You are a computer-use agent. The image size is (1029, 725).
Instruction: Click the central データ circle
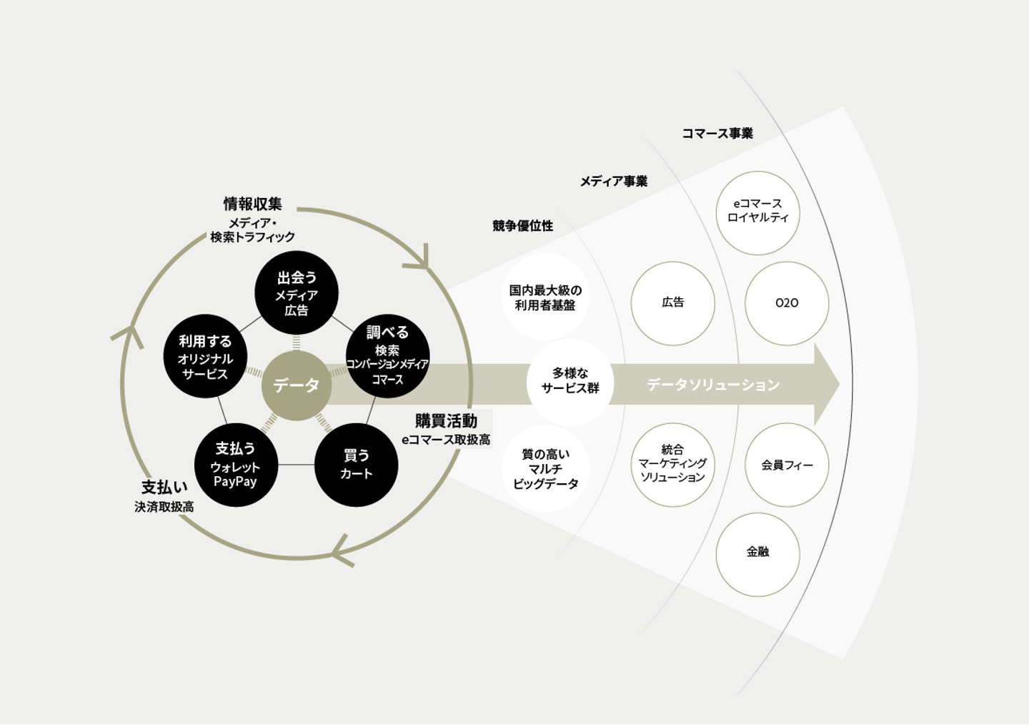(x=296, y=385)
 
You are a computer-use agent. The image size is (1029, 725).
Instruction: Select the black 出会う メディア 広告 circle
(x=296, y=292)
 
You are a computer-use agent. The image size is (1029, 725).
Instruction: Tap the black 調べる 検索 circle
(x=387, y=356)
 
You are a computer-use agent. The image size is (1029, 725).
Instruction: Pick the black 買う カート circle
(x=356, y=465)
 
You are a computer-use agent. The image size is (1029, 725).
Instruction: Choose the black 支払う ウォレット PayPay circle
(x=236, y=465)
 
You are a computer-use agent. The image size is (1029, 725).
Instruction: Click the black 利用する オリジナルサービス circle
(x=205, y=356)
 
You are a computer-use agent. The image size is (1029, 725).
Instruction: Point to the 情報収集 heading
(x=252, y=204)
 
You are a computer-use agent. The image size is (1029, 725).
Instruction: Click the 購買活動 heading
(x=446, y=421)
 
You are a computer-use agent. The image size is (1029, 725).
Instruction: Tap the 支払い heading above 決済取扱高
(x=164, y=487)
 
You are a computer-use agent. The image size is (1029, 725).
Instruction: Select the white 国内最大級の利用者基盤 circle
(x=545, y=297)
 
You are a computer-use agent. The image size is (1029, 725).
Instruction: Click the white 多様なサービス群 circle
(x=570, y=381)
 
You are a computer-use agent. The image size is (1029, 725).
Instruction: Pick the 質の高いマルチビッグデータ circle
(x=545, y=468)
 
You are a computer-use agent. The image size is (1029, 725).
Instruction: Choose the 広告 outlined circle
(x=672, y=303)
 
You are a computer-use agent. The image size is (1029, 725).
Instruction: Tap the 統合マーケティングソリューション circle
(x=672, y=464)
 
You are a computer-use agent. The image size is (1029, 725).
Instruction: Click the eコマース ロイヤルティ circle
(x=757, y=212)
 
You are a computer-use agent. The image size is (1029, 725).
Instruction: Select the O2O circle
(x=787, y=303)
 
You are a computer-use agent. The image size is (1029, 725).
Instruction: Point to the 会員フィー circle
(x=787, y=465)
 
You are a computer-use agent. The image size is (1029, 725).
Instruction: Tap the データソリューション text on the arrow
(x=713, y=385)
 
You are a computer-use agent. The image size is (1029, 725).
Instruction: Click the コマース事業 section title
(x=717, y=133)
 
